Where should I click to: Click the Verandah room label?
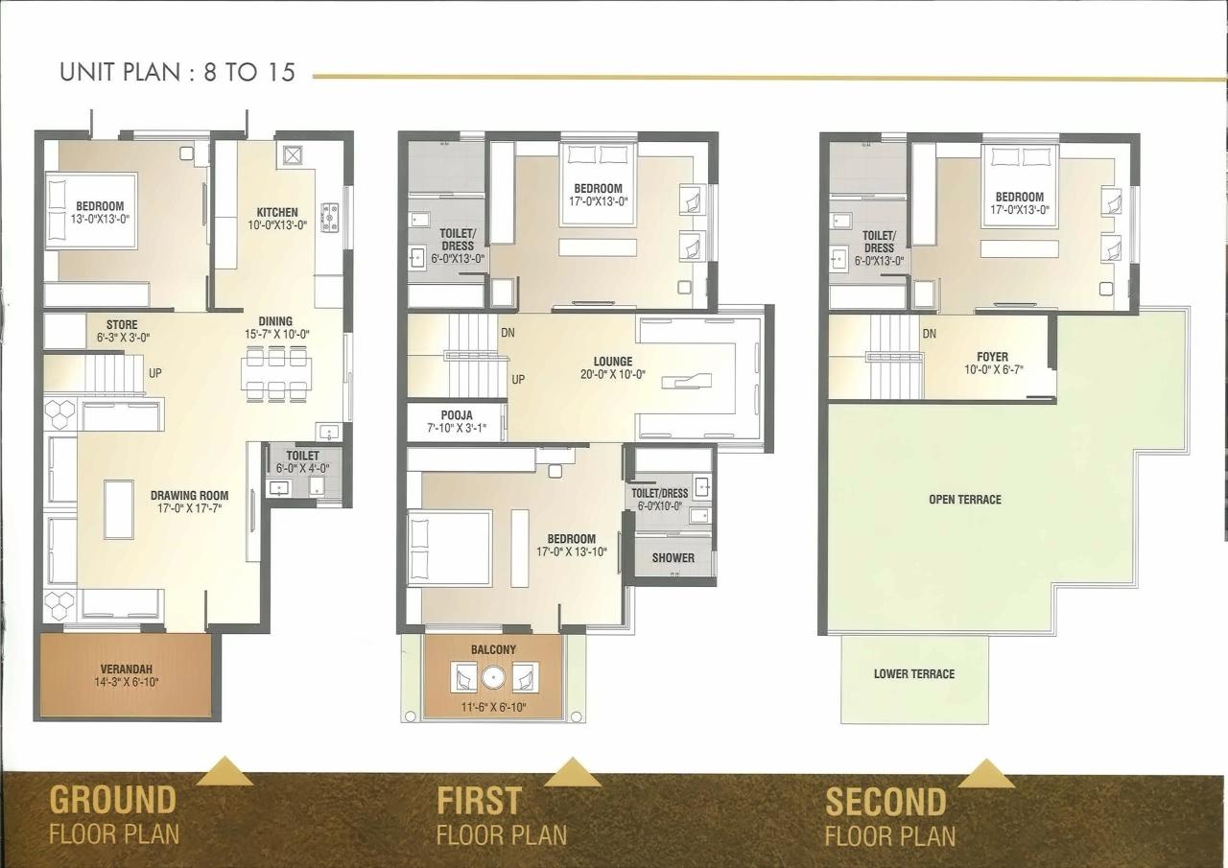[x=126, y=669]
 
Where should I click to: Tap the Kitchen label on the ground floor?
[x=276, y=212]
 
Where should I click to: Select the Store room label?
[x=122, y=325]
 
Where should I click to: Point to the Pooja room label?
[x=457, y=415]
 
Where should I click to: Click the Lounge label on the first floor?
[x=612, y=362]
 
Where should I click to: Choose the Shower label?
[x=673, y=557]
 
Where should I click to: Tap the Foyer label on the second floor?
[x=992, y=357]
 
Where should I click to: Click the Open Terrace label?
[x=964, y=500]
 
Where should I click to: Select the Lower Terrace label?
[x=913, y=673]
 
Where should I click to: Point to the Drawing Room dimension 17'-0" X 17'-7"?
[x=189, y=509]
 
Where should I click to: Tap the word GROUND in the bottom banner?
[x=113, y=800]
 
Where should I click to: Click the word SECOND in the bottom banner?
[x=885, y=802]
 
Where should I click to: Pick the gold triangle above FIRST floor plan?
[x=572, y=771]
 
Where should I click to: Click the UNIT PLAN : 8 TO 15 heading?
[x=177, y=72]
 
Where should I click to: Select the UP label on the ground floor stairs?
[x=154, y=372]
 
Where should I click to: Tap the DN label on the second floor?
[x=929, y=334]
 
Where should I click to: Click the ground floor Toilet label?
[x=302, y=456]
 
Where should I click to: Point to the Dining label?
[x=275, y=321]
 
